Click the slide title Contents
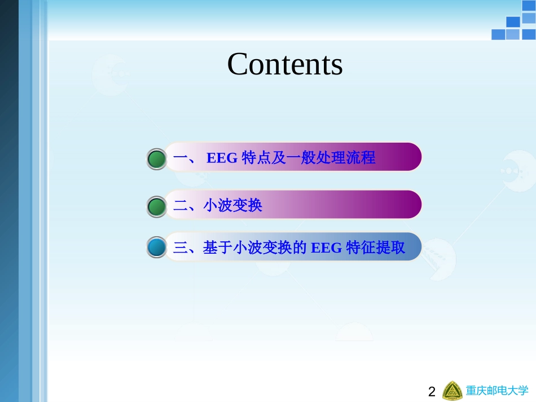click(x=285, y=64)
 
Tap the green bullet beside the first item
click(x=157, y=159)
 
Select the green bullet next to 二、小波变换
click(x=157, y=206)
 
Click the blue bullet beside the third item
click(x=157, y=248)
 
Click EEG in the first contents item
click(x=222, y=158)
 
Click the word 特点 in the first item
click(x=256, y=158)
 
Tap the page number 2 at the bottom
click(x=432, y=392)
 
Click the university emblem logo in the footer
click(x=452, y=391)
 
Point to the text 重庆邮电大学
click(x=497, y=391)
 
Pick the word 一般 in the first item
click(x=301, y=158)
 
